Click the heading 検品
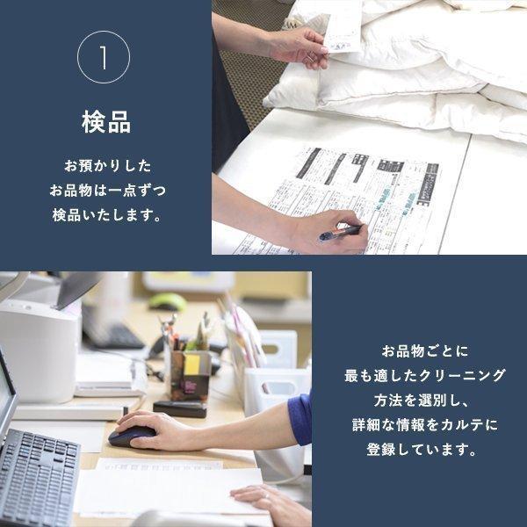pyautogui.click(x=105, y=122)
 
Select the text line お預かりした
pyautogui.click(x=106, y=166)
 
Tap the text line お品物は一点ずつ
pyautogui.click(x=106, y=191)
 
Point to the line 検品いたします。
pyautogui.click(x=106, y=215)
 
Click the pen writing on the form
pyautogui.click(x=340, y=233)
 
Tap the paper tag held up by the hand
pyautogui.click(x=342, y=26)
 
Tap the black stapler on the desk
pyautogui.click(x=179, y=408)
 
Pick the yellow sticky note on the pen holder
pyautogui.click(x=191, y=364)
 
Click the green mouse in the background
pyautogui.click(x=167, y=301)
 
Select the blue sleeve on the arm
pyautogui.click(x=300, y=419)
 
